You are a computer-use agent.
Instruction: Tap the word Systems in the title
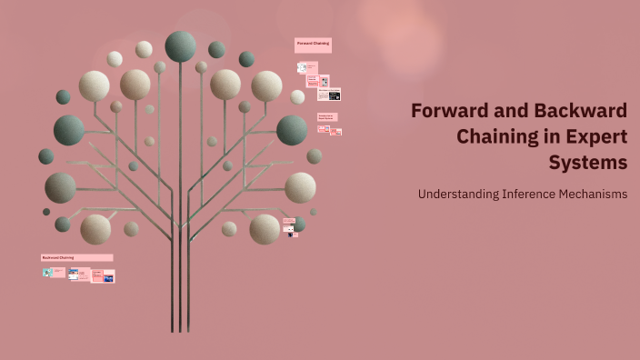(588, 164)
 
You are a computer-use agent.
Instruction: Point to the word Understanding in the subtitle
(457, 195)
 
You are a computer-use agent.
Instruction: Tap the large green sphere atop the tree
(180, 46)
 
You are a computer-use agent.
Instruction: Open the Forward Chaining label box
(313, 44)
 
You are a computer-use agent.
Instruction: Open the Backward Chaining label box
(76, 257)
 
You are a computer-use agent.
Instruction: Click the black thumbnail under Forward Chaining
(335, 95)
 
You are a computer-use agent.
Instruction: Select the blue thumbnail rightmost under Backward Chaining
(109, 277)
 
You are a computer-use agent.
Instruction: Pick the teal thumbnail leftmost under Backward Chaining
(47, 272)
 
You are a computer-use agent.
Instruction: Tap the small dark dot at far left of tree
(46, 212)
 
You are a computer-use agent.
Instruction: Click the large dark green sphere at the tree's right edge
(292, 130)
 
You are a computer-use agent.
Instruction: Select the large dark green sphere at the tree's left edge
(69, 130)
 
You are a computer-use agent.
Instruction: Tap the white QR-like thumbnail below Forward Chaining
(303, 67)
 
